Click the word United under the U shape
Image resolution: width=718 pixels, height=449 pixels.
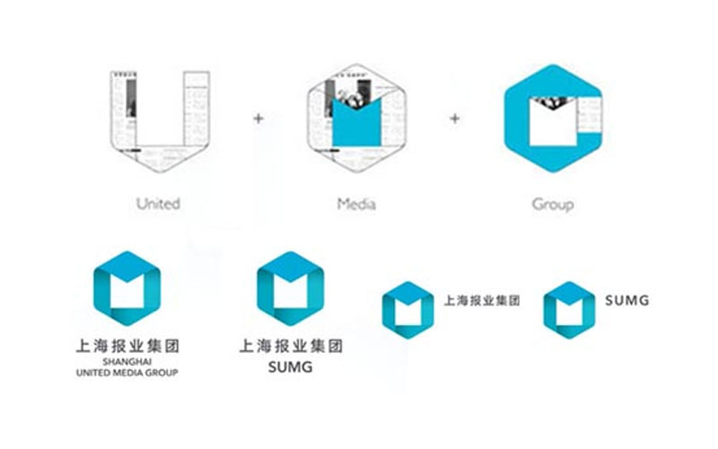click(158, 204)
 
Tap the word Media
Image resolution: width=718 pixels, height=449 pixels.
click(356, 204)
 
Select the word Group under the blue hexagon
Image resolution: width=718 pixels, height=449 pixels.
click(553, 204)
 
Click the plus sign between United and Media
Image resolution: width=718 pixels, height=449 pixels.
click(258, 118)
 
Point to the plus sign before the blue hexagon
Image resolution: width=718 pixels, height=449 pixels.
click(455, 118)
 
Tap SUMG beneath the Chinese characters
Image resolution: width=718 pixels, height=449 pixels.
click(290, 367)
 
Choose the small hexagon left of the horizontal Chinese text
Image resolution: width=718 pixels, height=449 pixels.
click(407, 309)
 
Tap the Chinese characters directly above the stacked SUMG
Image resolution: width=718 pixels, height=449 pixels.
click(290, 345)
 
